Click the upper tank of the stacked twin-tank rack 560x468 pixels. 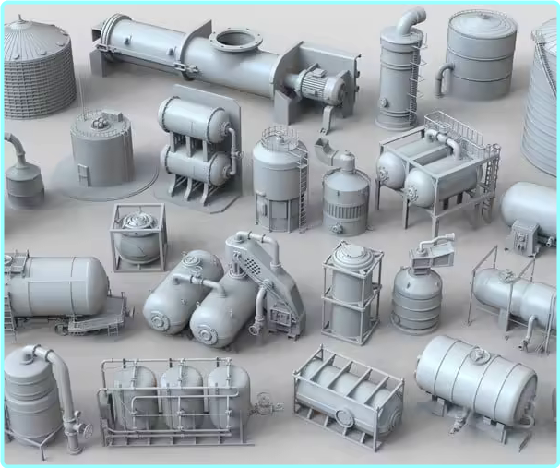click(195, 121)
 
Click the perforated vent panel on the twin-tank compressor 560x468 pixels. click(245, 263)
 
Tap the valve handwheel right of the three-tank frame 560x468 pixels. click(266, 402)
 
